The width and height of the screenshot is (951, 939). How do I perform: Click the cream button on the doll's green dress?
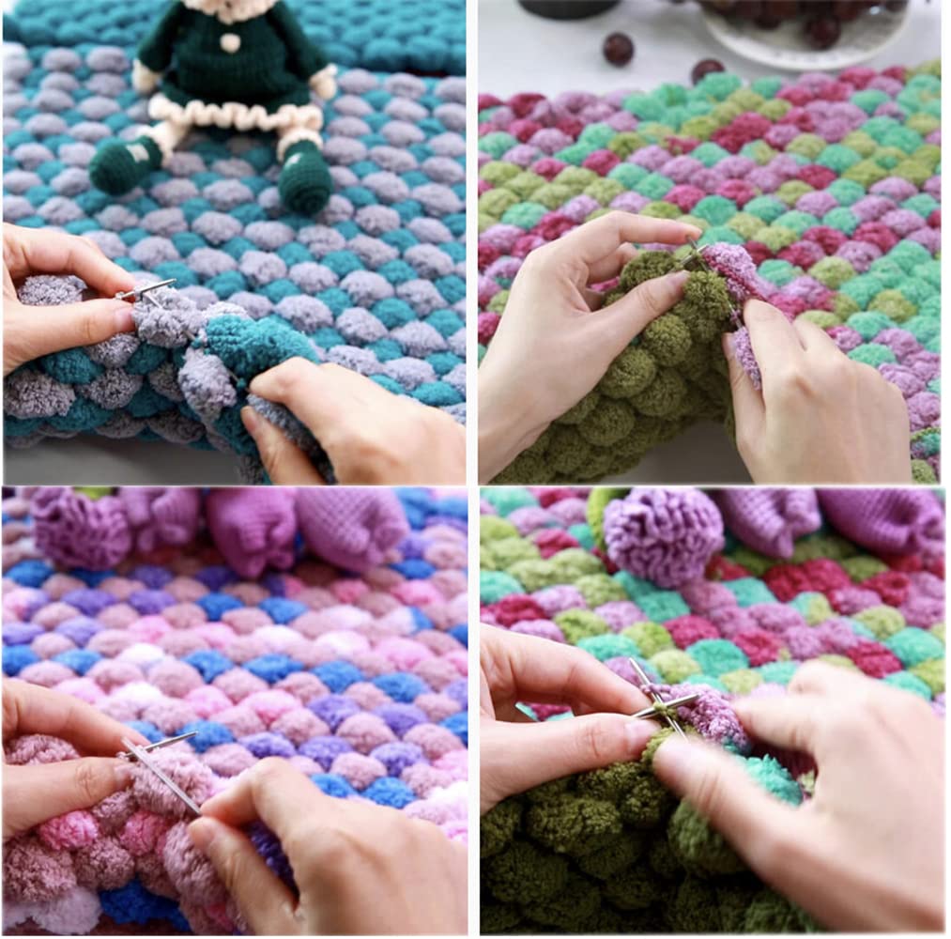coord(229,42)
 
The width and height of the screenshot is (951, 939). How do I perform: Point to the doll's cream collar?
coord(225,11)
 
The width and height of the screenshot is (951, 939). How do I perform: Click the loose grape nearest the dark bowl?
coord(617,49)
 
